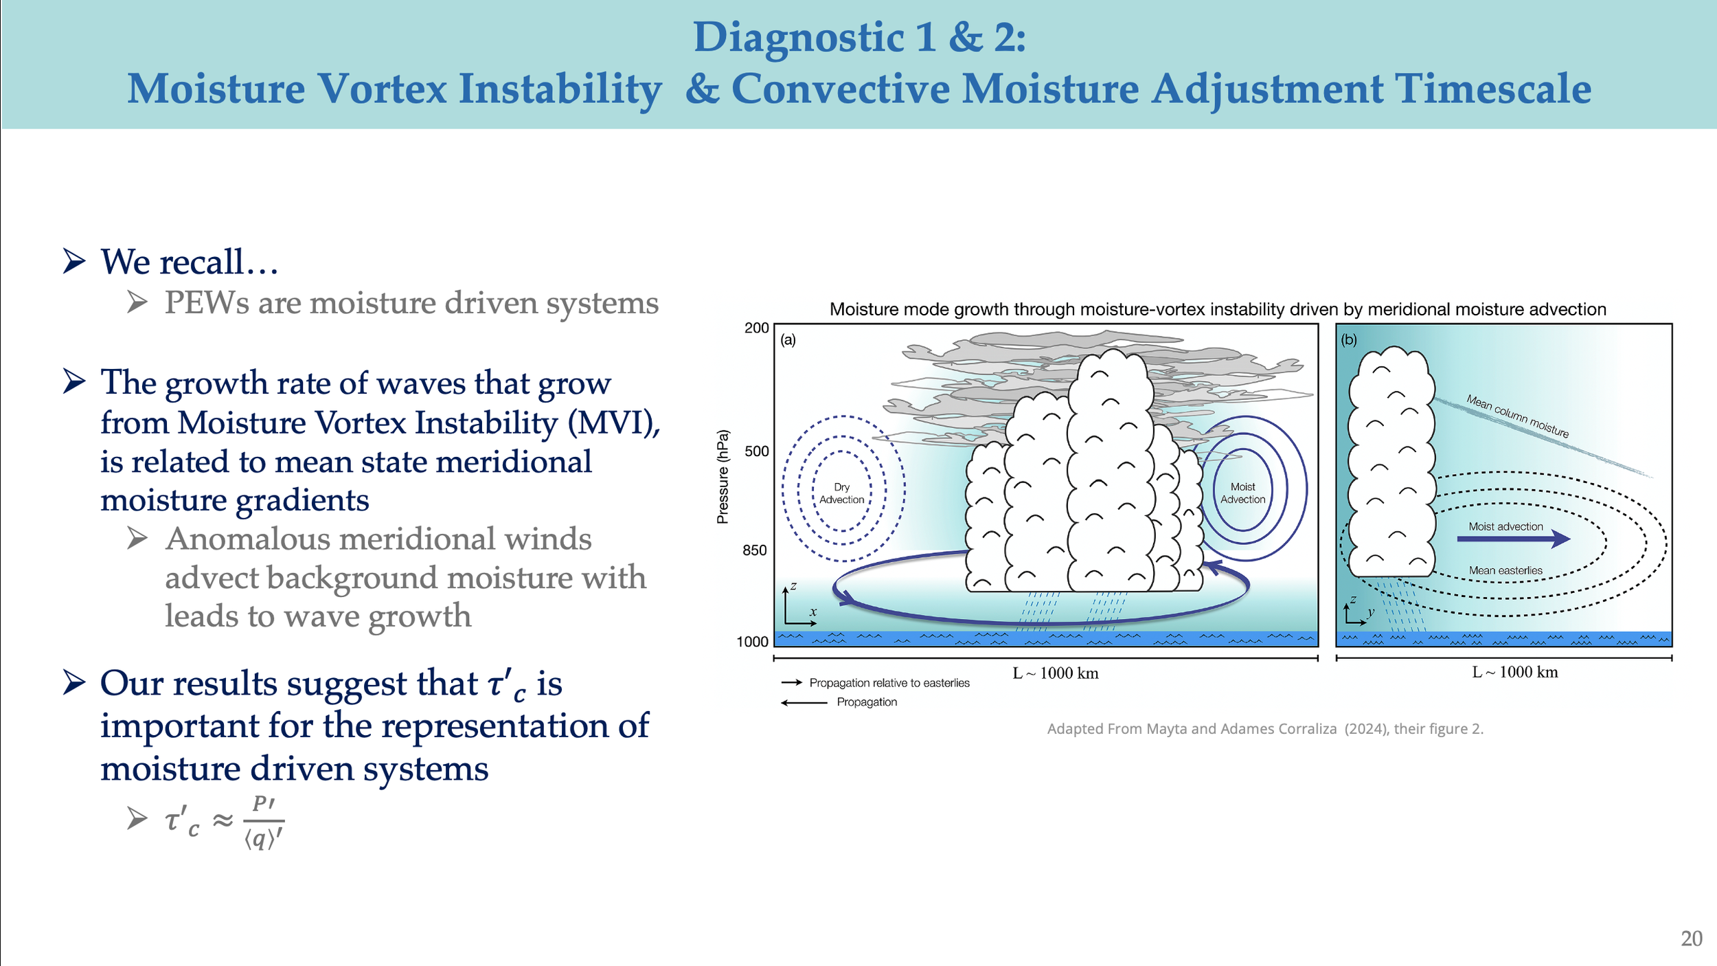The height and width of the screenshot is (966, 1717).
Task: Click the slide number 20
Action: [1691, 939]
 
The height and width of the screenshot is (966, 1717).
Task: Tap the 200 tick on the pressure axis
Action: [756, 328]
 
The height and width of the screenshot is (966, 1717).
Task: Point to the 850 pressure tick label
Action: [754, 550]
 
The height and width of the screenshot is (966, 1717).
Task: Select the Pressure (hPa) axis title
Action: [722, 477]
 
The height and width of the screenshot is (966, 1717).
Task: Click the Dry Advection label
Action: [841, 493]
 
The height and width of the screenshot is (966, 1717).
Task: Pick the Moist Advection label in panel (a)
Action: [1242, 493]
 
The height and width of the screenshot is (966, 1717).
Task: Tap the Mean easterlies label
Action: [1505, 570]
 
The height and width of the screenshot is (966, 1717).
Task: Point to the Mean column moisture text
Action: [1517, 416]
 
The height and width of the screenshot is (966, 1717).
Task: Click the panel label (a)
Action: [788, 339]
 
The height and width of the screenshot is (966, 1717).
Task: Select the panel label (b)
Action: [1349, 339]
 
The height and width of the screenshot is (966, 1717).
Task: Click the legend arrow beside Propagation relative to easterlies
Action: [792, 682]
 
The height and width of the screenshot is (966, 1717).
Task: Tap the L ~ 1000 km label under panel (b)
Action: [1514, 672]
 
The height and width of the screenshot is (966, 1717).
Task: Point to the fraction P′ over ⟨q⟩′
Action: [264, 821]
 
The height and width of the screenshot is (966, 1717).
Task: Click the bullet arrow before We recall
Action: [74, 261]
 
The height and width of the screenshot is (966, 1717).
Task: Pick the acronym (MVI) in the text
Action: [613, 423]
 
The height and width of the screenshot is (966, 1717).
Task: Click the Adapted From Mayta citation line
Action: [1265, 728]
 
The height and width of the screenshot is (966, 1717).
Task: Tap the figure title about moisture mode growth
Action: [1218, 309]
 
